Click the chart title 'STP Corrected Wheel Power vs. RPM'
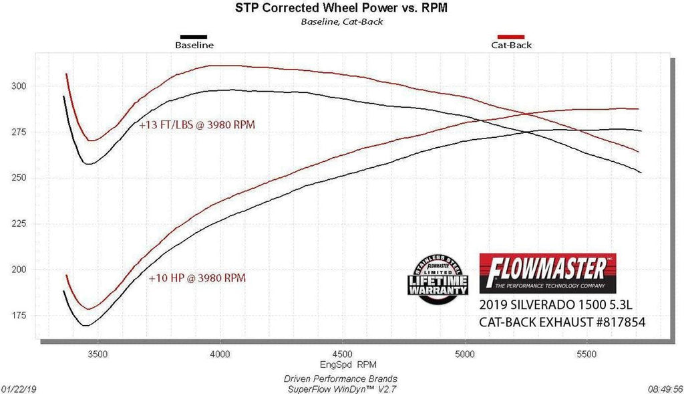click(x=341, y=8)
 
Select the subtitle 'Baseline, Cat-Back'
click(x=341, y=21)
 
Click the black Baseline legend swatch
click(x=194, y=36)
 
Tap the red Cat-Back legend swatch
click(x=511, y=36)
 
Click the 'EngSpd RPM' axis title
click(x=341, y=365)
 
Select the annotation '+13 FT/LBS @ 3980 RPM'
click(x=197, y=124)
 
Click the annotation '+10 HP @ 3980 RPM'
click(x=197, y=277)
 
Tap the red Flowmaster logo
click(x=548, y=271)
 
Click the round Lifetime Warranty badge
click(x=438, y=280)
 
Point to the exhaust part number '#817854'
click(x=615, y=322)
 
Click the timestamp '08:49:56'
click(x=665, y=387)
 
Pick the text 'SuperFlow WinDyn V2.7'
click(x=341, y=388)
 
